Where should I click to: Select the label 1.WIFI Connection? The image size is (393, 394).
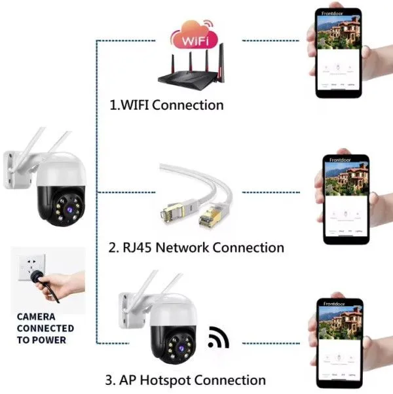pos(167,105)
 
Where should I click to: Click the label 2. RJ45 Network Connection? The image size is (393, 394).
pos(195,248)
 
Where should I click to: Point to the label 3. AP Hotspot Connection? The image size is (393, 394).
pos(186,380)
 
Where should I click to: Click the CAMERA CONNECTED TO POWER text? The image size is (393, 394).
pos(45,328)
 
